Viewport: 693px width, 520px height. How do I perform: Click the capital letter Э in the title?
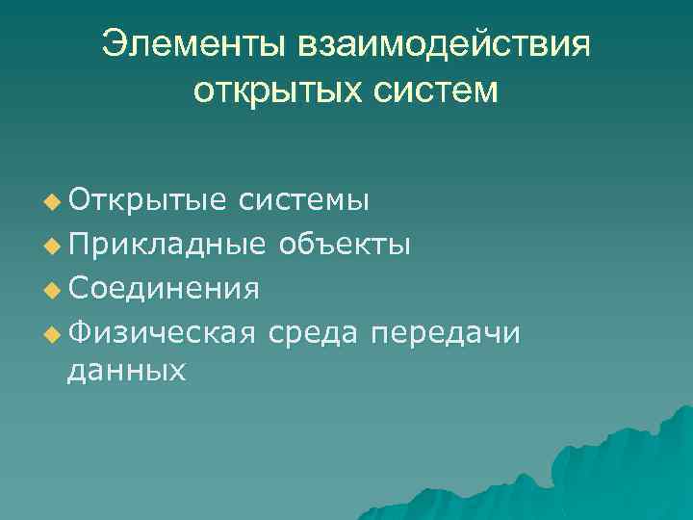(116, 44)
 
